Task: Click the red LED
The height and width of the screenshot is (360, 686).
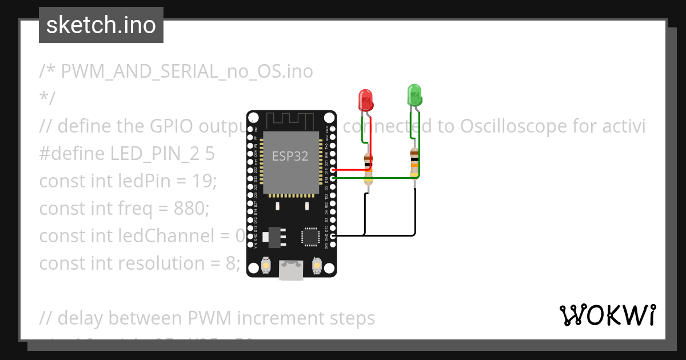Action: (x=365, y=101)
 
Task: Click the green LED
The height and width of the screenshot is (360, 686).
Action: (x=414, y=95)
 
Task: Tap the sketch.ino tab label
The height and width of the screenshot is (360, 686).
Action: (x=101, y=25)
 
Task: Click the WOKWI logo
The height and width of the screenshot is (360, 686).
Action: (x=607, y=315)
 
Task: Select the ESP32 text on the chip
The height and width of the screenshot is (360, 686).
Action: (x=290, y=156)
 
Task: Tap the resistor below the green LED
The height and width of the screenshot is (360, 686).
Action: (x=414, y=162)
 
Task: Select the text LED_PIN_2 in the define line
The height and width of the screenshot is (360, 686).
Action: (x=141, y=154)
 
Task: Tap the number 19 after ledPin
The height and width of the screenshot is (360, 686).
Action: (x=204, y=181)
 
